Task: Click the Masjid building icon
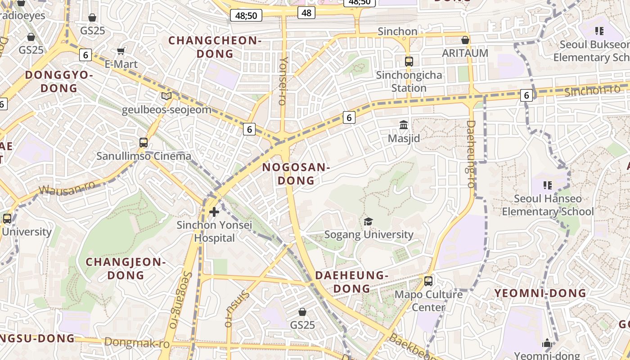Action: click(x=404, y=125)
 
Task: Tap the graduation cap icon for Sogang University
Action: click(x=369, y=221)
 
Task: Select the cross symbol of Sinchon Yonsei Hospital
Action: click(x=214, y=211)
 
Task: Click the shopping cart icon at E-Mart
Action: click(x=121, y=51)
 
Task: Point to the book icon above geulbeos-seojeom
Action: click(x=166, y=96)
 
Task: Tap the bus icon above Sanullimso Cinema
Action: click(x=144, y=143)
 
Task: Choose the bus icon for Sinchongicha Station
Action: click(x=409, y=62)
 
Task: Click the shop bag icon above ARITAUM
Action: click(x=465, y=40)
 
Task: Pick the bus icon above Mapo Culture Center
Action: click(x=428, y=281)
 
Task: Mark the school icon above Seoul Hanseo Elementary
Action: click(x=548, y=185)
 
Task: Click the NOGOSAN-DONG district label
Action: click(x=296, y=174)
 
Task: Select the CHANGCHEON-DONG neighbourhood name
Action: click(x=215, y=47)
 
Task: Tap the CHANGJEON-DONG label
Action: click(x=126, y=268)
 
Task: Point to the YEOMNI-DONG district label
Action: click(x=540, y=293)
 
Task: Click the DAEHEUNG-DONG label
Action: click(x=352, y=281)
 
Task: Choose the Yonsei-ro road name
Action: click(x=283, y=81)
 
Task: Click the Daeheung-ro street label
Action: click(x=471, y=147)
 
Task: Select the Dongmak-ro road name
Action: click(x=137, y=343)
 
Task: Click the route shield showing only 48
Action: click(x=306, y=13)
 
